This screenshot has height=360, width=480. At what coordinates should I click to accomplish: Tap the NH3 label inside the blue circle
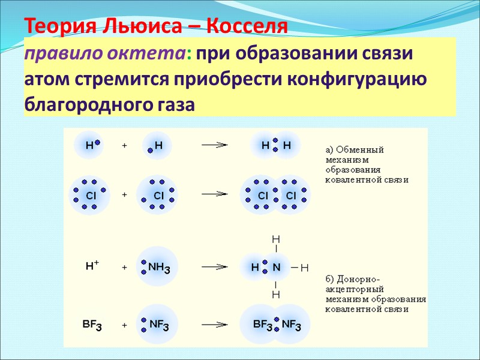(x=159, y=267)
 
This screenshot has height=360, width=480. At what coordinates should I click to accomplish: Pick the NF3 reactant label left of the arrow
(x=159, y=325)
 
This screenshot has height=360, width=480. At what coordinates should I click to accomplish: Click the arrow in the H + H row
(x=215, y=145)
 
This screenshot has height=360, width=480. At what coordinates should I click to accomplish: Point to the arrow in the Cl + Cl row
(x=215, y=194)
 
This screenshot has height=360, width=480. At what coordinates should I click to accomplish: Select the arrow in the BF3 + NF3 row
(x=215, y=325)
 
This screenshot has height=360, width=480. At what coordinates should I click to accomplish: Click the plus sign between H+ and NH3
(x=125, y=268)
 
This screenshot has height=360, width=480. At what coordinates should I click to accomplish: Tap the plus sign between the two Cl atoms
(x=125, y=195)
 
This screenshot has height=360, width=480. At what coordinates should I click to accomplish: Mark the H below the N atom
(x=276, y=295)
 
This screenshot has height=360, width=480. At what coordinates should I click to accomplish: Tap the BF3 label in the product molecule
(x=263, y=325)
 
